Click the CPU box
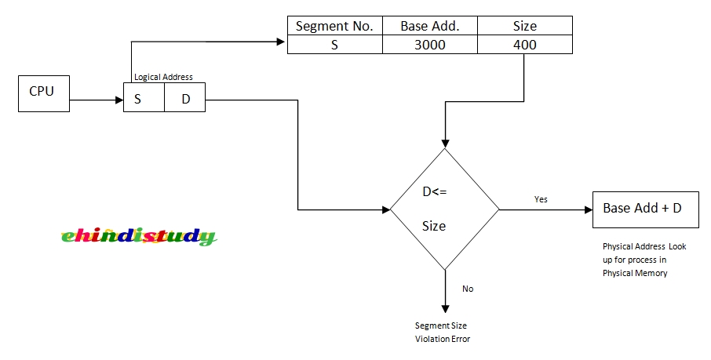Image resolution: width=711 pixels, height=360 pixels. coord(42,92)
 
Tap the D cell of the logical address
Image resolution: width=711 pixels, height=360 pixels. coord(185,100)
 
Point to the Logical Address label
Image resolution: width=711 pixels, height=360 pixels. coord(163,77)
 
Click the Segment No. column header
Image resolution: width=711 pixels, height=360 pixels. coord(334,26)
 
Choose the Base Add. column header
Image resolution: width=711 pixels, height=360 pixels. coord(429,26)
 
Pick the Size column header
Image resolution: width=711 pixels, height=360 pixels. coord(524,26)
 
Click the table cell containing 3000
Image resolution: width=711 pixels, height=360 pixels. coord(429,45)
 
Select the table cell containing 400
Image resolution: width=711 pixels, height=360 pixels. coord(524,45)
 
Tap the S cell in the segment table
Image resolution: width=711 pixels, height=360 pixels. coord(334,45)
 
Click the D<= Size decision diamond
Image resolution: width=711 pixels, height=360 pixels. coord(445,209)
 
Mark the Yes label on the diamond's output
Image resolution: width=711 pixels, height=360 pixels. coord(541,199)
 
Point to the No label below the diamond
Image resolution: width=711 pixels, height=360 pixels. coord(468,289)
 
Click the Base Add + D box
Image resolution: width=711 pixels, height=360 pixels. coord(642,209)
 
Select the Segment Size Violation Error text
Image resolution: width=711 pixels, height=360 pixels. coord(443,332)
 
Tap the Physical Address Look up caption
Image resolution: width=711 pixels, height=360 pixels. coord(644,260)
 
